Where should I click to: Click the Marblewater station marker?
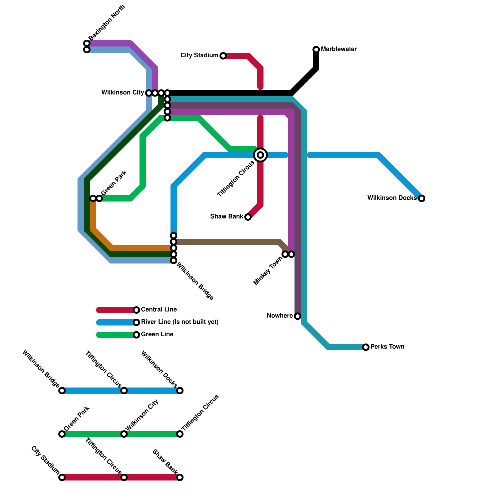point(316,49)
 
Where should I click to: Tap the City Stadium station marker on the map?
point(223,56)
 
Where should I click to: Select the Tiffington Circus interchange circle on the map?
point(260,155)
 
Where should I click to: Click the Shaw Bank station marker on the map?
point(248,217)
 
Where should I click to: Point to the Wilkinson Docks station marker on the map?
point(422,198)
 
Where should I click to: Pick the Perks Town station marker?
point(366,347)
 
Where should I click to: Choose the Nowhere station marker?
point(298,316)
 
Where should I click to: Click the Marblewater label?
point(339,49)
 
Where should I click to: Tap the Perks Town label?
point(387,347)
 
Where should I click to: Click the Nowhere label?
point(280,316)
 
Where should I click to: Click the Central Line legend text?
point(159,310)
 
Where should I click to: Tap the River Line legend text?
point(179,322)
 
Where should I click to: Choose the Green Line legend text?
point(157,334)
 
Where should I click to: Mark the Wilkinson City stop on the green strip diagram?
point(124,434)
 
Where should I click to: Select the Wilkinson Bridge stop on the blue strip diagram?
point(62,391)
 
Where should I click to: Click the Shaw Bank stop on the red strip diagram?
point(180,477)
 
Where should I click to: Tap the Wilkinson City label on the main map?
point(123,93)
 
